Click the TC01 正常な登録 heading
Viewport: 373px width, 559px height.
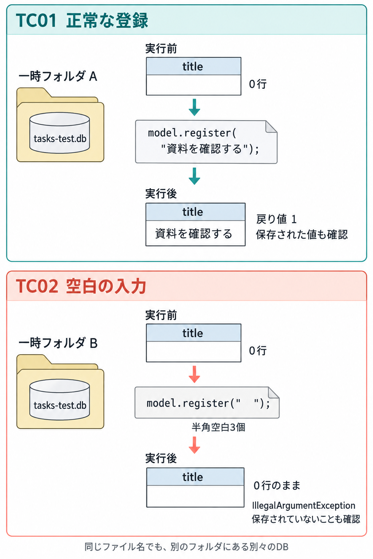pos(82,20)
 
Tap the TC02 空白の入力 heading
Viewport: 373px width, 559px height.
pos(81,286)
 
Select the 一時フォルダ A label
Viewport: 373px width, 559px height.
pos(58,76)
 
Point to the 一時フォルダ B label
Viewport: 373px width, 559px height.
pos(58,343)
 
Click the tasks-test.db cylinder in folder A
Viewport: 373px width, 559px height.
pos(60,133)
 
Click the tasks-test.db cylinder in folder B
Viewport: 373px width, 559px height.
pos(60,400)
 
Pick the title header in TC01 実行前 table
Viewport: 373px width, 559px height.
pos(194,66)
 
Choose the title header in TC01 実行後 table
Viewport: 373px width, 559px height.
pos(195,212)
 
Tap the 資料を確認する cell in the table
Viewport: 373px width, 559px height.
pos(195,233)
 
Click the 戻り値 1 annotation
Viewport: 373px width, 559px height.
pos(276,219)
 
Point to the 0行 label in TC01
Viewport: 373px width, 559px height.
pos(258,84)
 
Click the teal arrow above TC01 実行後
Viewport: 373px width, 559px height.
pos(195,176)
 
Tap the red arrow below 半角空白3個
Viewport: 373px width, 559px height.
pos(195,445)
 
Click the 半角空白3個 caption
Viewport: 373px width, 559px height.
pos(218,427)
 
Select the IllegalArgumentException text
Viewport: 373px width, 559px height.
pos(303,506)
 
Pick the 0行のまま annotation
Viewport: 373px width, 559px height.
pos(277,485)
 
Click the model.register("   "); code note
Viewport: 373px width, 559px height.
pos(207,403)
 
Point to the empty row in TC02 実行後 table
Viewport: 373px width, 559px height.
pos(195,496)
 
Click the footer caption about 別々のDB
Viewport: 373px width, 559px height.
pos(186,547)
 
